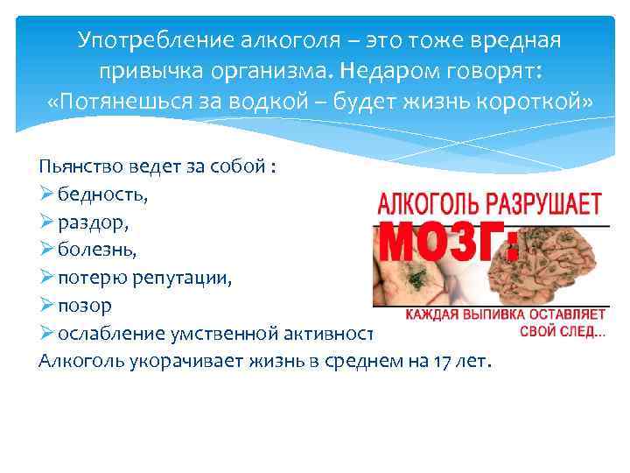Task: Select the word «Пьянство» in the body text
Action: tap(77, 166)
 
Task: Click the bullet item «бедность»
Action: tap(103, 194)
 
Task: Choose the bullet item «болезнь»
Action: tap(98, 251)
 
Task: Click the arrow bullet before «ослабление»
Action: tap(45, 335)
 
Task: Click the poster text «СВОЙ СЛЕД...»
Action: tap(561, 332)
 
